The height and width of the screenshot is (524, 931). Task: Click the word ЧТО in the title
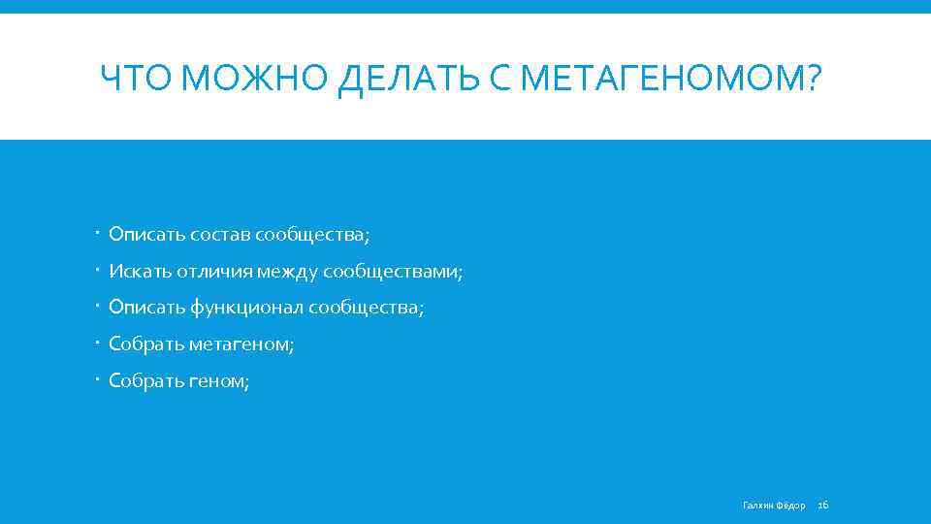[139, 77]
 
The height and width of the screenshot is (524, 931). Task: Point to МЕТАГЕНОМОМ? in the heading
[670, 77]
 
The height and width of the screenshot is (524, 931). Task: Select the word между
[287, 272]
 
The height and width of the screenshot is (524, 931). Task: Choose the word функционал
[246, 308]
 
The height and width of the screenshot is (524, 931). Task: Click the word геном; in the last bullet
[219, 381]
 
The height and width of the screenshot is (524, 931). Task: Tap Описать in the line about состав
[140, 235]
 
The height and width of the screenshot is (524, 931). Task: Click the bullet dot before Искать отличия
[101, 272]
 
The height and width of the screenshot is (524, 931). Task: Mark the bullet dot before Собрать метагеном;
[101, 344]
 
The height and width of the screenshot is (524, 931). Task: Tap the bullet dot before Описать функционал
[101, 308]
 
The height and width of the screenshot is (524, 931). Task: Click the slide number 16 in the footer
[823, 505]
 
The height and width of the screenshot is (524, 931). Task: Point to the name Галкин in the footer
[757, 505]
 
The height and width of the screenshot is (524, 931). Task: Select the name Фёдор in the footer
[791, 505]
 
